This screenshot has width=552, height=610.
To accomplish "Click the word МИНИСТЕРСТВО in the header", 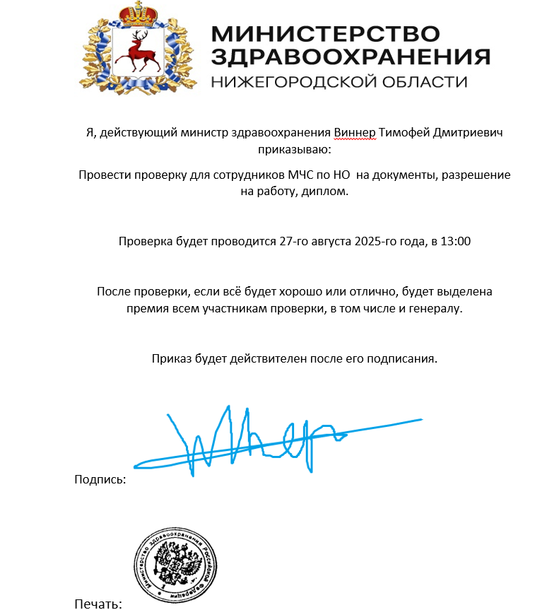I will click(325, 34).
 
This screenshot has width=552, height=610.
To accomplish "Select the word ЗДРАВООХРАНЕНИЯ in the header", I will click(351, 57).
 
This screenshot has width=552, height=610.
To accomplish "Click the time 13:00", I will click(455, 241).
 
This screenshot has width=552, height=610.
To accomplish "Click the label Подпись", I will click(100, 480).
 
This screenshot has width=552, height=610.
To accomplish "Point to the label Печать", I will click(98, 604).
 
